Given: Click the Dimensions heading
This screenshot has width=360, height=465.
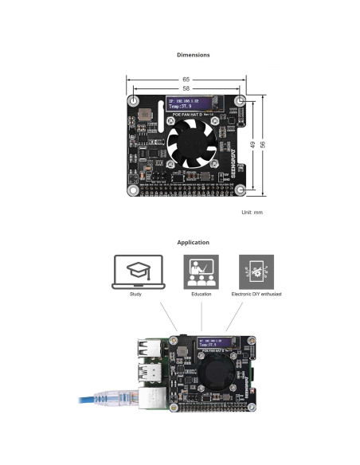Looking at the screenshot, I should [193, 55].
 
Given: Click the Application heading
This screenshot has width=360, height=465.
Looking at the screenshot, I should [193, 242].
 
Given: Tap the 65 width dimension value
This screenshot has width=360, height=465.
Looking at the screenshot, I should [186, 80].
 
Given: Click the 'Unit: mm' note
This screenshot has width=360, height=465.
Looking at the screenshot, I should [252, 213].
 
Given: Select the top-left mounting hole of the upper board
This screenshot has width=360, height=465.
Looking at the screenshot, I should [134, 102].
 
